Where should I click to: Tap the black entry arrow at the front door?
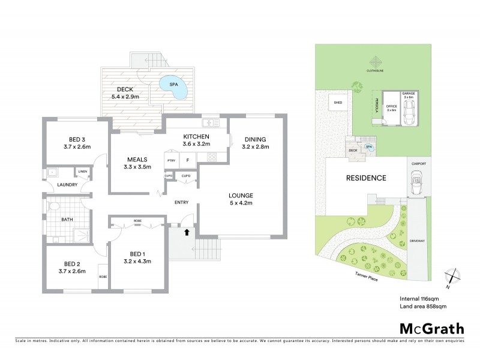pos(185,230)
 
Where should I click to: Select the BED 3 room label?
pos(76,142)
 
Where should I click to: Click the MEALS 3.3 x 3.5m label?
pos(137,163)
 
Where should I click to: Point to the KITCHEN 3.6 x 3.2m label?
pos(196,140)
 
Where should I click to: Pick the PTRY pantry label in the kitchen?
pos(172,160)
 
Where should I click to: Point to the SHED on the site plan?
pos(335,104)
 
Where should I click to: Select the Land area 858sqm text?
pos(422,306)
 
